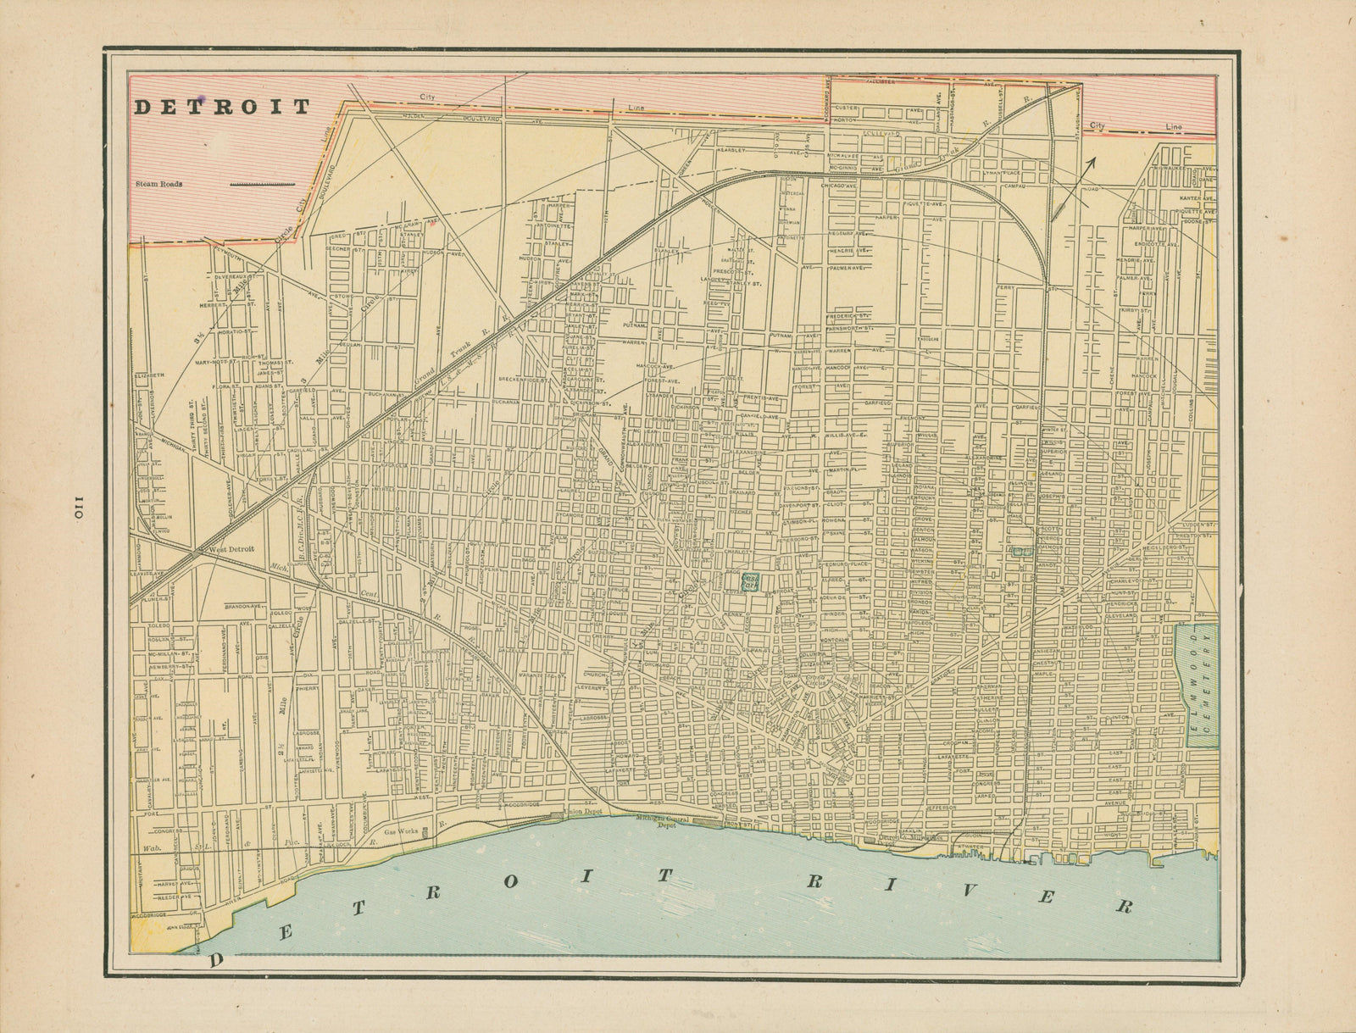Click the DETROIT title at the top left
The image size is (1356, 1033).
[223, 107]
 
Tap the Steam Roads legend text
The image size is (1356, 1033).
[159, 182]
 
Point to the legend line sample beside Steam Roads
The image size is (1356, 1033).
[263, 182]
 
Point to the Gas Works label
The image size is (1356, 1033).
[401, 832]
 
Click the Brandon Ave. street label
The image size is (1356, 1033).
[242, 607]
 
